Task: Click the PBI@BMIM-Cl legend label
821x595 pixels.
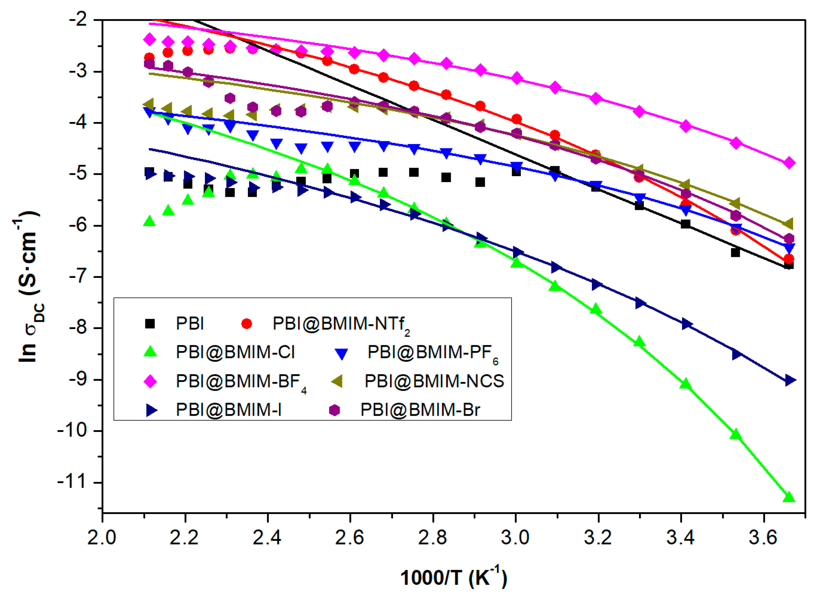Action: click(x=235, y=352)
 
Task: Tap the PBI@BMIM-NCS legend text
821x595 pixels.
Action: click(x=434, y=381)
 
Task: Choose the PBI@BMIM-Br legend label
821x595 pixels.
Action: click(x=420, y=410)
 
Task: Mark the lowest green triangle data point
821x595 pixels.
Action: click(x=789, y=497)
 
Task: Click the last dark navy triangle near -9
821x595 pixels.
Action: click(x=790, y=380)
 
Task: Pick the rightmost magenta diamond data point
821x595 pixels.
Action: click(x=789, y=163)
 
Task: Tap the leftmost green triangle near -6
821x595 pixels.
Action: click(x=150, y=221)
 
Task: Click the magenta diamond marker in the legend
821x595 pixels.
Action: click(x=150, y=381)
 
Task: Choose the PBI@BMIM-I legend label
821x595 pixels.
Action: click(x=229, y=410)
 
